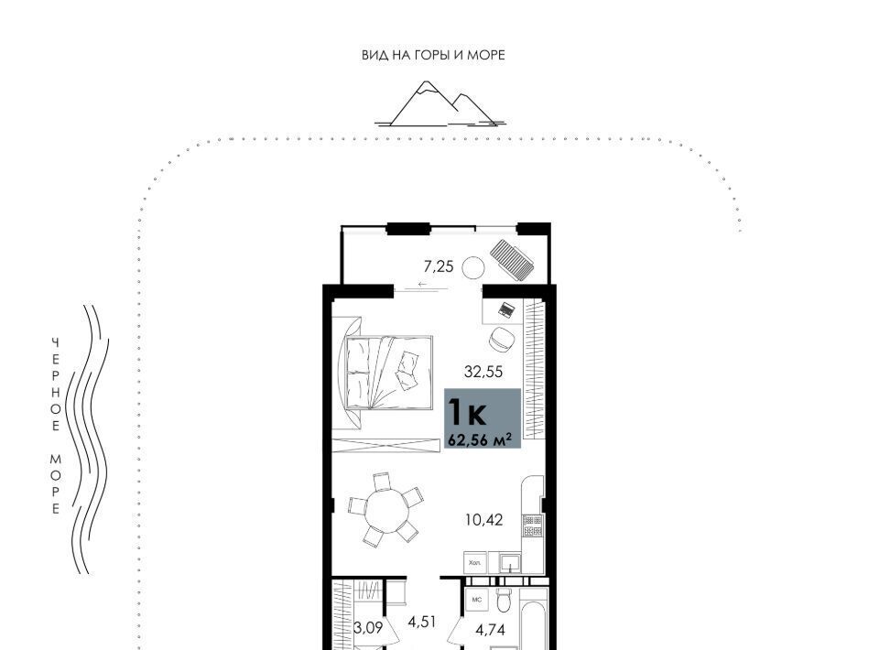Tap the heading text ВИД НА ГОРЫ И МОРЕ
pos(433,55)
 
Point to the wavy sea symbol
pos(88,439)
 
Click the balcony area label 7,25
pos(439,266)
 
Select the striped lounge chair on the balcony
pos(511,259)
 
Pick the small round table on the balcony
pos(473,268)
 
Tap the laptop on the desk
pos(506,309)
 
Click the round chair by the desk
pos(502,339)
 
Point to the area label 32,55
pos(483,372)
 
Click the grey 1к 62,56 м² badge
pos(483,418)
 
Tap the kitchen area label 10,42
pos(483,520)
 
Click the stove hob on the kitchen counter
pos(533,526)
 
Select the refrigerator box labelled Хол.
pos(474,562)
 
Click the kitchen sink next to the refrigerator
pos(510,563)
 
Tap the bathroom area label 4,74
pos(491,630)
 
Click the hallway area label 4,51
pos(421,622)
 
